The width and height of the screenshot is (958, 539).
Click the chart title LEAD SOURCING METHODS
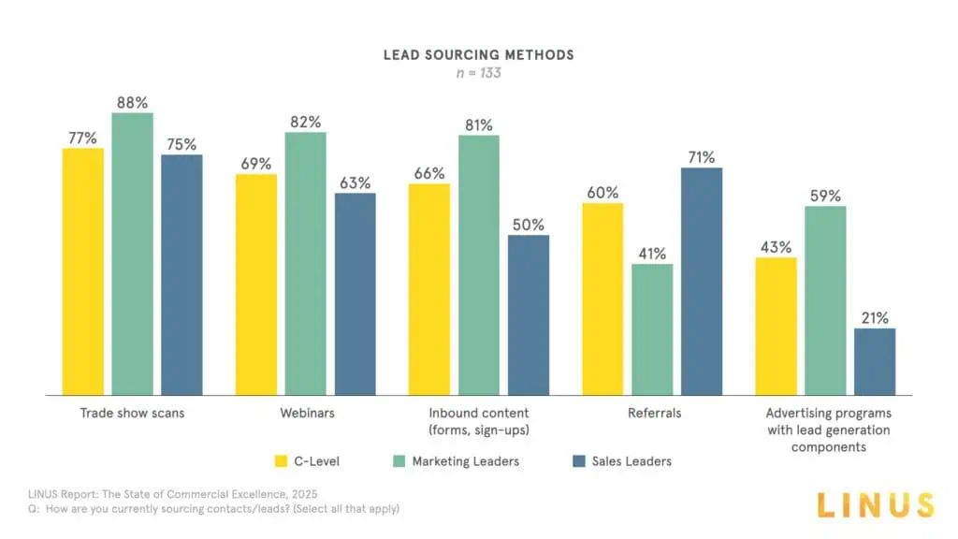478,54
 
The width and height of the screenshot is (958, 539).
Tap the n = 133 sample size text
478,72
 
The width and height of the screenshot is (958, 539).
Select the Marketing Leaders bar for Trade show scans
132,254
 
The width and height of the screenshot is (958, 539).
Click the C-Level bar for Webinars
256,284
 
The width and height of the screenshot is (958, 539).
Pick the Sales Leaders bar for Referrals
702,281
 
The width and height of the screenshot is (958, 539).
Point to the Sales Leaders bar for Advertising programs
875,361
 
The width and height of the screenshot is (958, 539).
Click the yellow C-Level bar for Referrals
602,299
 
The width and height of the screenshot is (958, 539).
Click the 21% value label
875,318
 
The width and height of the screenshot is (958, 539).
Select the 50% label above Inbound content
529,225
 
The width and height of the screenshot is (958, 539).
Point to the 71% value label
702,157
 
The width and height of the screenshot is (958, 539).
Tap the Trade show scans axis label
132,413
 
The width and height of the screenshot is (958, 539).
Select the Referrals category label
652,413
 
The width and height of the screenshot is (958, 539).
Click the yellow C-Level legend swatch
281,460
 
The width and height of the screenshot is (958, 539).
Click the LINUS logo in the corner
874,504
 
